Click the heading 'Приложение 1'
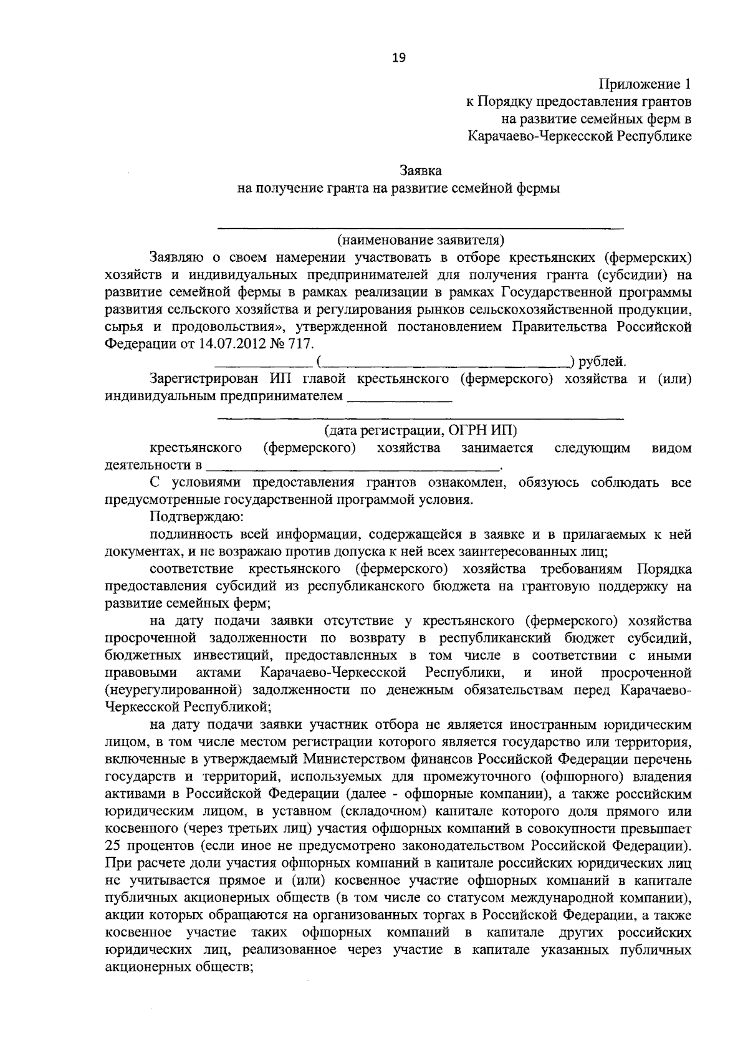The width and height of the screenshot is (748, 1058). (x=645, y=84)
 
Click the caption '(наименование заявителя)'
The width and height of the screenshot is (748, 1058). (x=420, y=239)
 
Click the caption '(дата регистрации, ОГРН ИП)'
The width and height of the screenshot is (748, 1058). (x=420, y=430)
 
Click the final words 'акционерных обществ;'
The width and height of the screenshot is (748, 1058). (x=178, y=967)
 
